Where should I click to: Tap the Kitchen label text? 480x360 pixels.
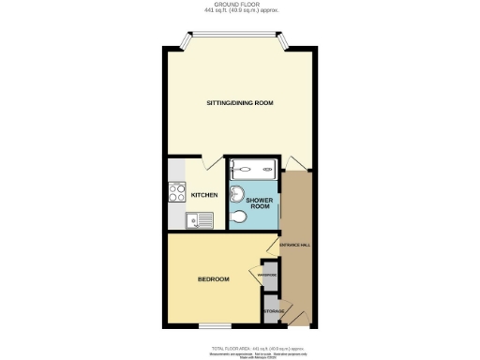pyautogui.click(x=204, y=195)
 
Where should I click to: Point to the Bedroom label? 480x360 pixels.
pyautogui.click(x=213, y=278)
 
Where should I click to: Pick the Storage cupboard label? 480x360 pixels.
pyautogui.click(x=273, y=311)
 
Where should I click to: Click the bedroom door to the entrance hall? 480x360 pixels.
pyautogui.click(x=272, y=248)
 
